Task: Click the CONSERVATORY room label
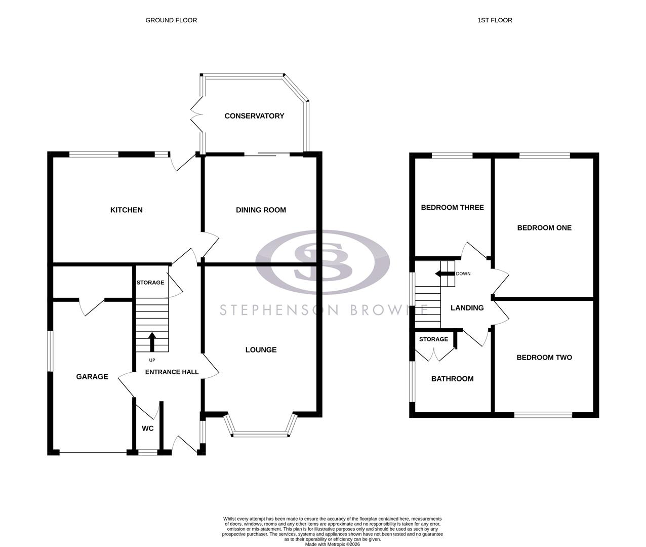254,116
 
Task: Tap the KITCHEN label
127,210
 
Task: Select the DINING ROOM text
261,210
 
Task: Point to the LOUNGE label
261,349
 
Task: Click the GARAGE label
92,376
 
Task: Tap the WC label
147,428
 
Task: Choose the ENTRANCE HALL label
172,372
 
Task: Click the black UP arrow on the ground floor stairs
152,341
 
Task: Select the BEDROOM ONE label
544,227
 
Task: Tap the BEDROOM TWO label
544,357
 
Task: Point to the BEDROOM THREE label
452,207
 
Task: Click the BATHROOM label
452,378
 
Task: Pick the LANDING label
467,307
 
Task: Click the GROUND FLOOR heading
171,20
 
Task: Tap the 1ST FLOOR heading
495,20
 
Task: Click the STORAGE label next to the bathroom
433,339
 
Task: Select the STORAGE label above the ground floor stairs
150,282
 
